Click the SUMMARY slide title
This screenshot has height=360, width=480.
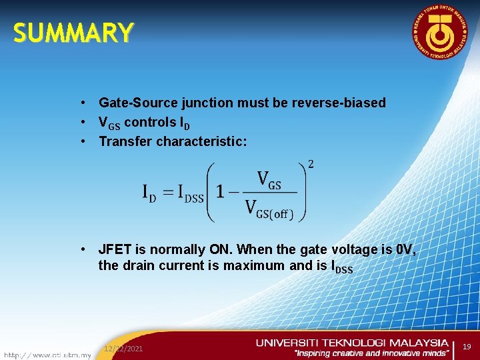point(73,33)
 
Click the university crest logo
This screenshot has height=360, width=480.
point(439,33)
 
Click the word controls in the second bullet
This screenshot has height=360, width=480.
point(151,122)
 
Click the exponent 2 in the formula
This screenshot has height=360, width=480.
point(311,165)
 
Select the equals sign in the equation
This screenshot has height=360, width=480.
point(172,192)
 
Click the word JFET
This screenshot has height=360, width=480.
point(115,249)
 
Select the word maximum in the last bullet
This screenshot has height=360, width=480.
point(248,265)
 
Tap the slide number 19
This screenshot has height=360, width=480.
point(467,347)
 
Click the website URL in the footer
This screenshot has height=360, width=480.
point(47,355)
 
